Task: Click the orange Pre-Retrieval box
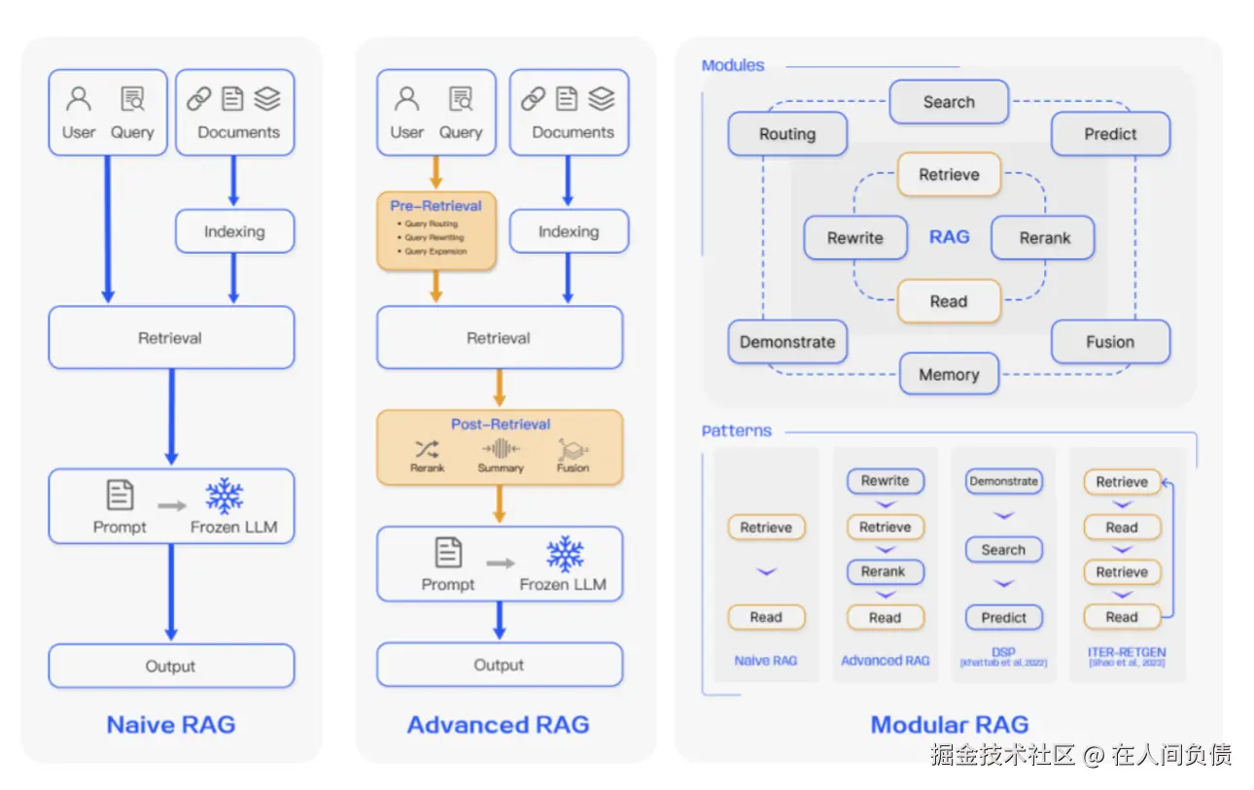pos(436,230)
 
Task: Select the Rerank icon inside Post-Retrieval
pos(427,449)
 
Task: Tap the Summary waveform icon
pos(500,448)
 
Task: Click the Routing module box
pos(787,135)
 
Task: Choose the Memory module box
pos(949,375)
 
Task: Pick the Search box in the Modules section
pos(949,102)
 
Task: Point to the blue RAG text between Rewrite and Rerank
pos(949,237)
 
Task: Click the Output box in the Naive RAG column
pos(171,667)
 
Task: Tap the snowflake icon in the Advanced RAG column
pos(564,554)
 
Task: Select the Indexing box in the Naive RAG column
pos(234,232)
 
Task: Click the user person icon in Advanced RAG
pos(407,99)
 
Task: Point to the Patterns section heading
pos(736,430)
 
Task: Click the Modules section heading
pos(733,66)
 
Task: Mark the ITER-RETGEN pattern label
pos(1128,653)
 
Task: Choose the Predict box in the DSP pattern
pos(1003,617)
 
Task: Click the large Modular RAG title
pos(949,725)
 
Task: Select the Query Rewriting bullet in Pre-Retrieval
pos(435,237)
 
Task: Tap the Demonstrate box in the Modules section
pos(787,342)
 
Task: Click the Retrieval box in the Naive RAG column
pos(171,338)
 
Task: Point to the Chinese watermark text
pos(1080,755)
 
